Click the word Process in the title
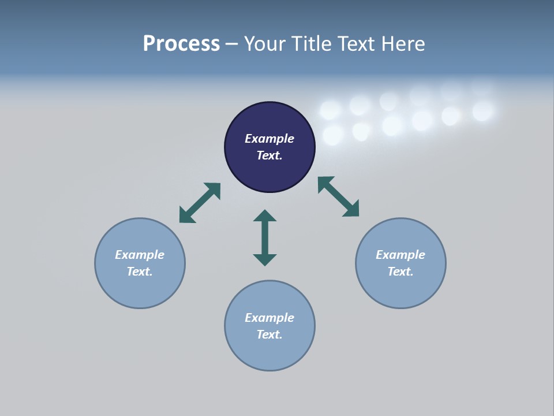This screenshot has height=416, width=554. pyautogui.click(x=181, y=44)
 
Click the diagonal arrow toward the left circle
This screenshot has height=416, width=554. pyautogui.click(x=200, y=203)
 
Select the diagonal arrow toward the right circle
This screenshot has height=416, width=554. pyautogui.click(x=339, y=196)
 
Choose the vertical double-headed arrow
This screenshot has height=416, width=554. pyautogui.click(x=265, y=237)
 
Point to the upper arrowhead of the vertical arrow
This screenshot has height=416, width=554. pyautogui.click(x=265, y=216)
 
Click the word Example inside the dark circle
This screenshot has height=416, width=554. pyautogui.click(x=269, y=139)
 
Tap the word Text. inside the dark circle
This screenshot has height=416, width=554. pyautogui.click(x=269, y=155)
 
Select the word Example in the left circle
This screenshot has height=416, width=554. pyautogui.click(x=140, y=255)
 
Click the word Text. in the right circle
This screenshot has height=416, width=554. pyautogui.click(x=400, y=272)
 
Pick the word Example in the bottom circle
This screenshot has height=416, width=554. pyautogui.click(x=269, y=318)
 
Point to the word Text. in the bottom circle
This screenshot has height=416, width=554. pyautogui.click(x=269, y=335)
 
